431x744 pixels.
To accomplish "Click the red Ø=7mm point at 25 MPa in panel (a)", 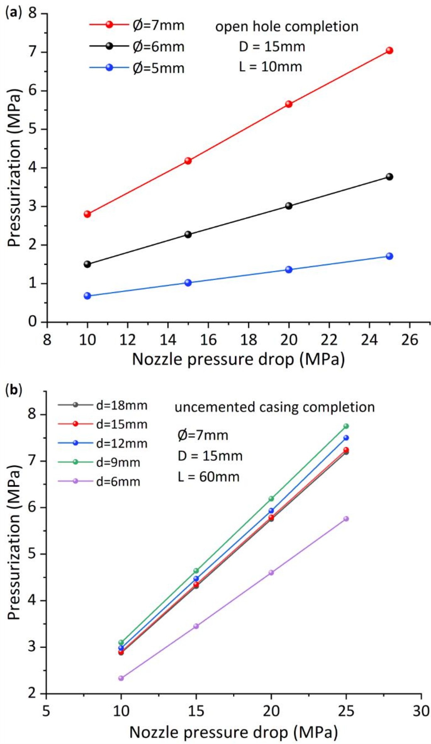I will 389,50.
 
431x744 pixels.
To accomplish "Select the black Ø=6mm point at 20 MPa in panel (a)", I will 289,206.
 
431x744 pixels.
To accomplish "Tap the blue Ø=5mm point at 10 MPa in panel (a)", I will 87,296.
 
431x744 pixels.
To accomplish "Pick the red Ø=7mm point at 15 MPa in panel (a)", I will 188,161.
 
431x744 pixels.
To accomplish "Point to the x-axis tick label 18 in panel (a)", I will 249,340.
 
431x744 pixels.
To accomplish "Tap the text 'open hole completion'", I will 287,26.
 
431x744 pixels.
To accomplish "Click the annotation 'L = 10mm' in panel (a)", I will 271,67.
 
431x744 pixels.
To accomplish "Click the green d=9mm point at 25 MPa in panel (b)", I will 346,426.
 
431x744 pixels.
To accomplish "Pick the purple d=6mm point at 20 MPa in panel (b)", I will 271,572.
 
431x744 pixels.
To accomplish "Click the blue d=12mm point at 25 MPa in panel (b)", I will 346,438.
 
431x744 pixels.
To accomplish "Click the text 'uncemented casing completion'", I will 275,407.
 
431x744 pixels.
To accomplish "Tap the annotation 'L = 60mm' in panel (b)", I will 209,477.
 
